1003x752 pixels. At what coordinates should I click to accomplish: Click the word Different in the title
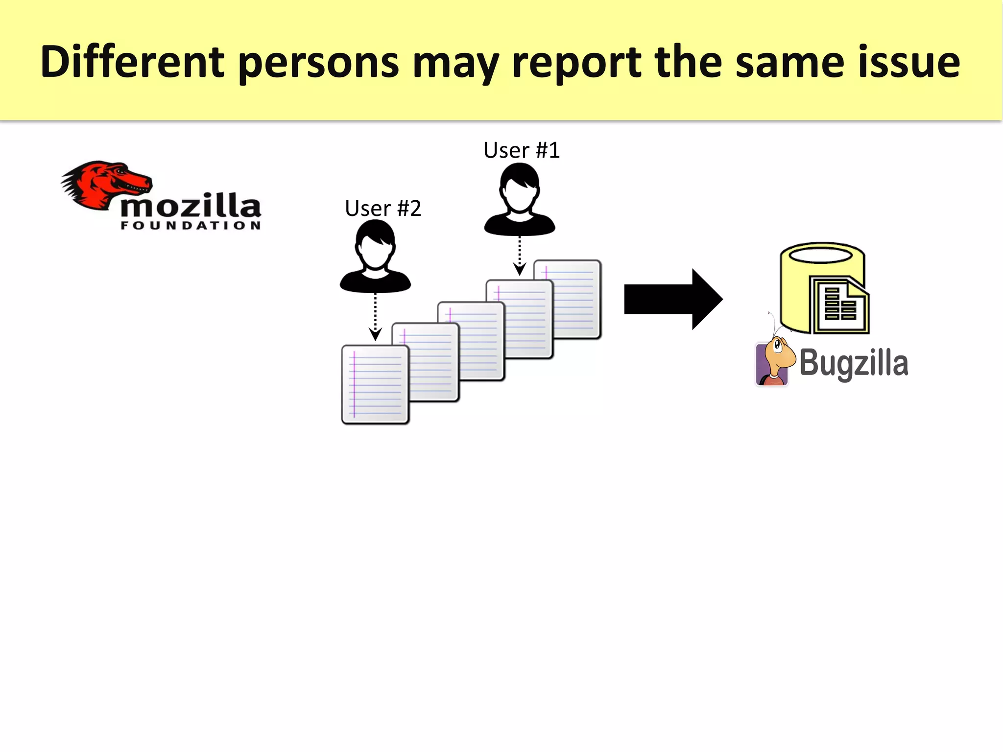132,62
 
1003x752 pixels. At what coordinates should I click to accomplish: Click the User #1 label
521,150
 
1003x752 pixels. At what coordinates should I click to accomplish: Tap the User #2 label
382,209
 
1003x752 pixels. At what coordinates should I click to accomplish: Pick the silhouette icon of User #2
375,257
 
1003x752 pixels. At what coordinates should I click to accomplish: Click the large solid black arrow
673,299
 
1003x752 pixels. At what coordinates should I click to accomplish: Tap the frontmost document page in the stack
375,385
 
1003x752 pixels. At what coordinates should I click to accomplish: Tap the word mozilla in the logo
191,206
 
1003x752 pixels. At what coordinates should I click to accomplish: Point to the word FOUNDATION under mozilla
191,226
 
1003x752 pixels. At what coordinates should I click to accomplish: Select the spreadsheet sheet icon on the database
839,305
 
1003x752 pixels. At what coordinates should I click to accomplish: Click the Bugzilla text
854,363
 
